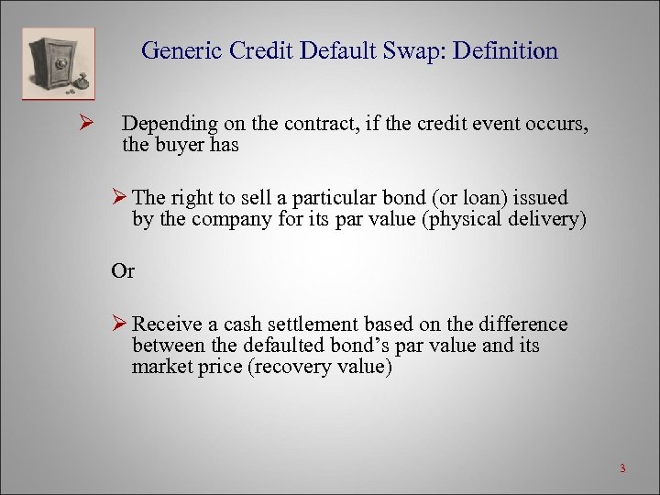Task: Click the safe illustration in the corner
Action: pyautogui.click(x=58, y=62)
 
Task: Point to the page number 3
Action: pyautogui.click(x=621, y=469)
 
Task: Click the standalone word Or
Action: pyautogui.click(x=122, y=271)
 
